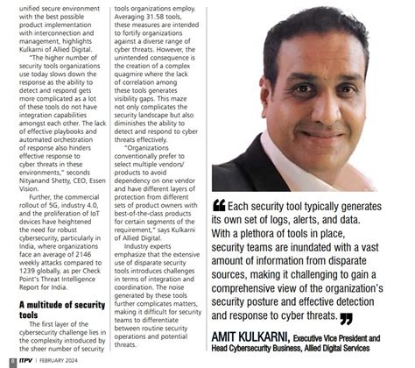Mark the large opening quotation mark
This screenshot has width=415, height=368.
[x=219, y=206]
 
